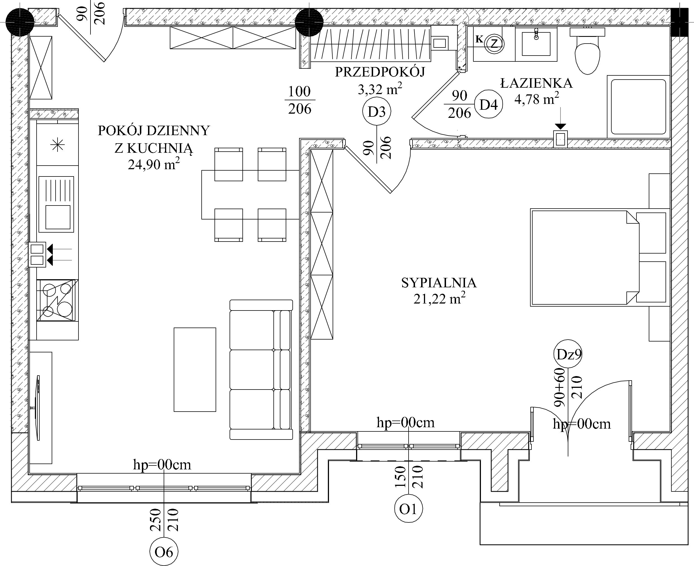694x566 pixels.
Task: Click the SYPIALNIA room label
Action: (439, 283)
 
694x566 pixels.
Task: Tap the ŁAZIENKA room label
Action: (536, 83)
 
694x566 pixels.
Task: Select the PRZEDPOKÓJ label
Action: (380, 72)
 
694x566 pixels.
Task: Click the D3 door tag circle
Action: (377, 111)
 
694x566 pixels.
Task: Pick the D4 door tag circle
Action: (488, 104)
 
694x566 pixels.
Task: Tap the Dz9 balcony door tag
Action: (568, 354)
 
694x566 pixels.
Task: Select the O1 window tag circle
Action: (408, 508)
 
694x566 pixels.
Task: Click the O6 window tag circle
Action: (164, 552)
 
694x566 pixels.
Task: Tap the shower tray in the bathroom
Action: (638, 107)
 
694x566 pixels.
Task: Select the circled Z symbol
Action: (494, 43)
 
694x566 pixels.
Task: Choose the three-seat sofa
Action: (261, 370)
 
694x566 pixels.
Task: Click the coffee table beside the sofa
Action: (195, 370)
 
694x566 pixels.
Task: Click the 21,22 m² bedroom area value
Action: (439, 298)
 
